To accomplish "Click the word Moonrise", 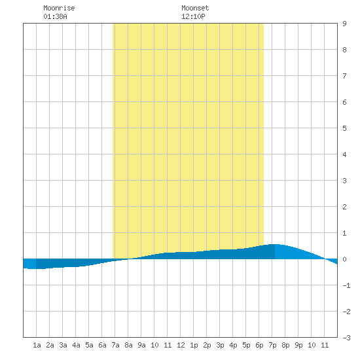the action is pyautogui.click(x=59, y=8).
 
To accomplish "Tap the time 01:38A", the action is pyautogui.click(x=56, y=16).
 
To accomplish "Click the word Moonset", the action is pyautogui.click(x=195, y=8).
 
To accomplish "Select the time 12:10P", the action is pyautogui.click(x=193, y=16).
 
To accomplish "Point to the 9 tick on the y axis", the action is pyautogui.click(x=344, y=24).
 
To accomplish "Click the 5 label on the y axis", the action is pyautogui.click(x=344, y=128).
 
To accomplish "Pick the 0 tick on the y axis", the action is pyautogui.click(x=344, y=259).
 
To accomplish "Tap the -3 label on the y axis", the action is pyautogui.click(x=346, y=338).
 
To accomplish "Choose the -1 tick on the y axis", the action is pyautogui.click(x=346, y=285).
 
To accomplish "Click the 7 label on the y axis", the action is pyautogui.click(x=344, y=76).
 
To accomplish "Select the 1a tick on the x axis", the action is pyautogui.click(x=37, y=345).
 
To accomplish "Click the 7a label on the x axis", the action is pyautogui.click(x=115, y=345).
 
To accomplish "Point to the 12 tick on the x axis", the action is pyautogui.click(x=181, y=345).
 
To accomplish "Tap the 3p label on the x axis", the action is pyautogui.click(x=220, y=345).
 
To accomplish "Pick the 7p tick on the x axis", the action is pyautogui.click(x=272, y=345).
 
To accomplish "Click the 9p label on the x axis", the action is pyautogui.click(x=298, y=345).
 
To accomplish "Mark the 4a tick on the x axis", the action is pyautogui.click(x=76, y=345).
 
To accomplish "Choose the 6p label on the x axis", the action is pyautogui.click(x=259, y=345).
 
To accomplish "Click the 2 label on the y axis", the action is pyautogui.click(x=344, y=207).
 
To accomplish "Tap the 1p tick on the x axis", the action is pyautogui.click(x=194, y=345).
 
